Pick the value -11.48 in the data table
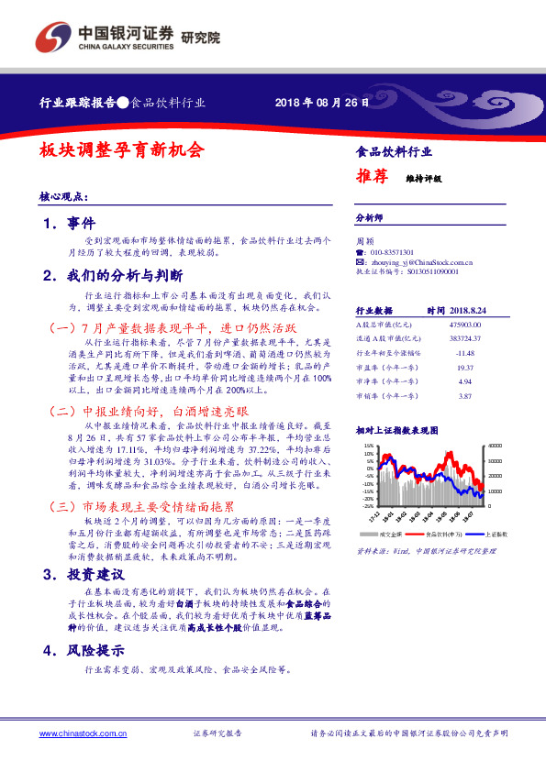coord(465,353)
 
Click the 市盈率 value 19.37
coord(464,367)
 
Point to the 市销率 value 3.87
coord(464,395)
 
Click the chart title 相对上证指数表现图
coord(395,429)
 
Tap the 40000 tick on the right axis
coord(496,445)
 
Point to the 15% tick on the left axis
coord(369,445)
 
